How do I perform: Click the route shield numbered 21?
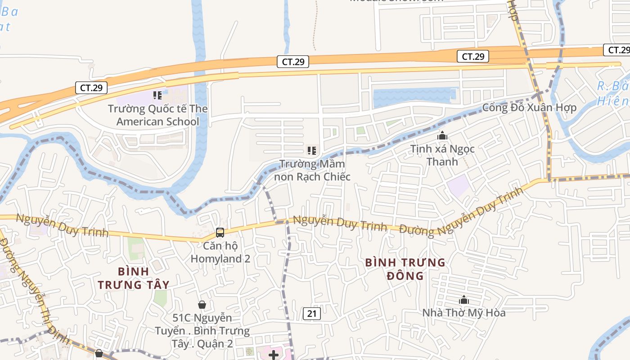click(311, 314)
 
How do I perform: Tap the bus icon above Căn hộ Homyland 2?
click(220, 233)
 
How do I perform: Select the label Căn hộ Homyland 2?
click(220, 252)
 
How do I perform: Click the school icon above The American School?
click(157, 95)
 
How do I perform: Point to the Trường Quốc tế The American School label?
click(157, 115)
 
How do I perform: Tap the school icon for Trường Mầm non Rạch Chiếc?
click(312, 151)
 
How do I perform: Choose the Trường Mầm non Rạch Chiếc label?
click(312, 170)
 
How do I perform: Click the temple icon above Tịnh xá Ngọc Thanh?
click(442, 135)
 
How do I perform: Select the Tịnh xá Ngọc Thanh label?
click(442, 155)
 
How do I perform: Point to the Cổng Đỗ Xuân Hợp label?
click(529, 108)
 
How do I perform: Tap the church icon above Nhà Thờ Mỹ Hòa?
click(463, 300)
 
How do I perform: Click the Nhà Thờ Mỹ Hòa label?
click(463, 313)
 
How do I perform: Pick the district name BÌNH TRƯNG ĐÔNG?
click(405, 269)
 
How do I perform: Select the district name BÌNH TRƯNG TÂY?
click(134, 278)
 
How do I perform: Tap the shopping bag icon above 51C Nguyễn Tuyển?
click(202, 305)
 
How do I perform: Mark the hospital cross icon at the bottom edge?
click(273, 355)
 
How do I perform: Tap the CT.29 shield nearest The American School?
click(92, 88)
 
